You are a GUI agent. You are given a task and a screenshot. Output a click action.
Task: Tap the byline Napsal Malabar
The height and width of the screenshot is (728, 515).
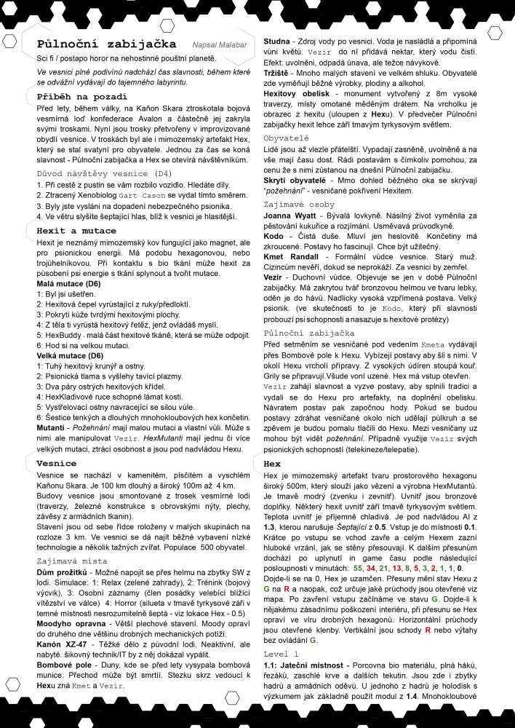220,46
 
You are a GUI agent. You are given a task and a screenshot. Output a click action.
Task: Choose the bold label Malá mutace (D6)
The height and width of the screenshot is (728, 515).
69,283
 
